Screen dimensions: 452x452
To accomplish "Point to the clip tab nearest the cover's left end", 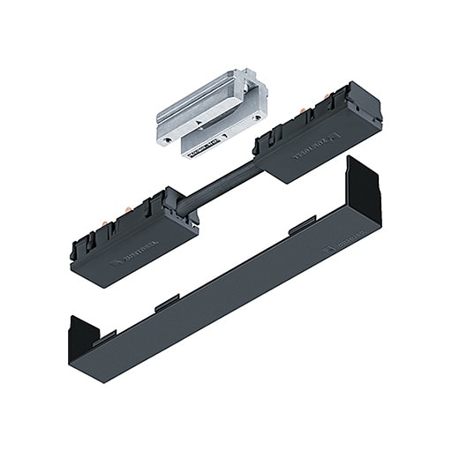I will point(107,336).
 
